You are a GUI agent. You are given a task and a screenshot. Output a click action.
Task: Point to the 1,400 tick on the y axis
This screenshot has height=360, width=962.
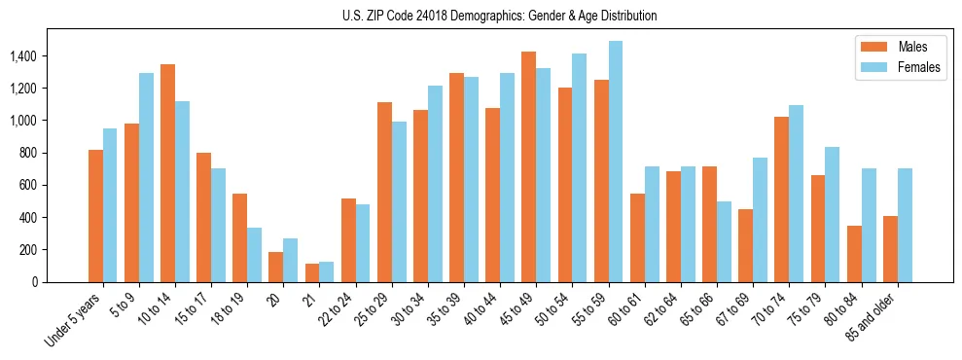tap(22, 56)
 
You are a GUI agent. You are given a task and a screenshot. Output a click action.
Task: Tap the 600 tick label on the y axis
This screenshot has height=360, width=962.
tap(28, 185)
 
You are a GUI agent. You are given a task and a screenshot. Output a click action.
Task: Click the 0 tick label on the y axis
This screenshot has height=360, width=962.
tap(35, 282)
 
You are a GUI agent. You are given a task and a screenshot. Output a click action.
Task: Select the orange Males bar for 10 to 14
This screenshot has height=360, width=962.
tap(167, 173)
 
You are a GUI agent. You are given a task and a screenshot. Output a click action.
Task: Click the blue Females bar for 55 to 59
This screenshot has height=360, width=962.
tap(616, 162)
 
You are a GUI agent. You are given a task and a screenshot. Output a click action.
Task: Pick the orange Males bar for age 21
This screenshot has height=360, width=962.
tap(312, 272)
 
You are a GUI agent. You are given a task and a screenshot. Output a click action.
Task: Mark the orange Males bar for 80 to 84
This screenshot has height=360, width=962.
tap(854, 254)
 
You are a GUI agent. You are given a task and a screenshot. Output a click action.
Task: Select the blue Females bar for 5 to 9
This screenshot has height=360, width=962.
tap(147, 177)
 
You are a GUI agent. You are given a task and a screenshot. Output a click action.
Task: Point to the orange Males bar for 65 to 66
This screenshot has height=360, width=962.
tap(710, 224)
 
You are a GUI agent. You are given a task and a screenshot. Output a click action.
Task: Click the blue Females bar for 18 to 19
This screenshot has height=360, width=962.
tap(255, 255)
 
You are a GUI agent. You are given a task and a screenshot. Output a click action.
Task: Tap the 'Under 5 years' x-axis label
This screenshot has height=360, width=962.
tap(74, 321)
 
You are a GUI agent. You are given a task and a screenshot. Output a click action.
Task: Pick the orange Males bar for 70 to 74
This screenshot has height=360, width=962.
tap(782, 199)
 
